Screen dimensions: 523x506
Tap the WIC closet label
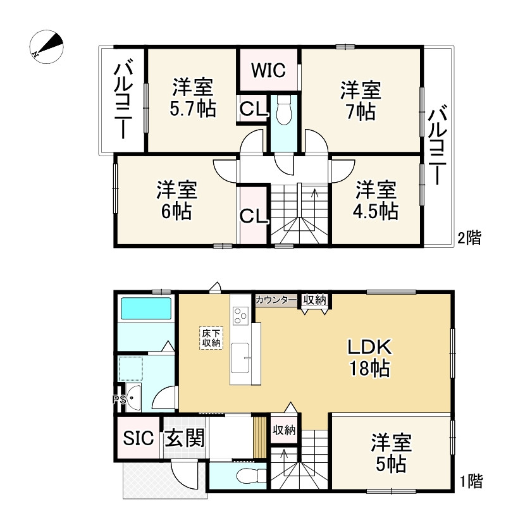[269, 70]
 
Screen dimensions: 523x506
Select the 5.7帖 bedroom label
[192, 98]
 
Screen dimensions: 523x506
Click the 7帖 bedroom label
[361, 101]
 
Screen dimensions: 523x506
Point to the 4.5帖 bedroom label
[376, 200]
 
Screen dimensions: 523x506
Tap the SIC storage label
[138, 438]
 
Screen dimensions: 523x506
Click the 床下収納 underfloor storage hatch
[211, 338]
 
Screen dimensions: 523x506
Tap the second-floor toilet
[283, 110]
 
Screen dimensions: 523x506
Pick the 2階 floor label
[469, 238]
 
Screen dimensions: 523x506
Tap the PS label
[118, 399]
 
